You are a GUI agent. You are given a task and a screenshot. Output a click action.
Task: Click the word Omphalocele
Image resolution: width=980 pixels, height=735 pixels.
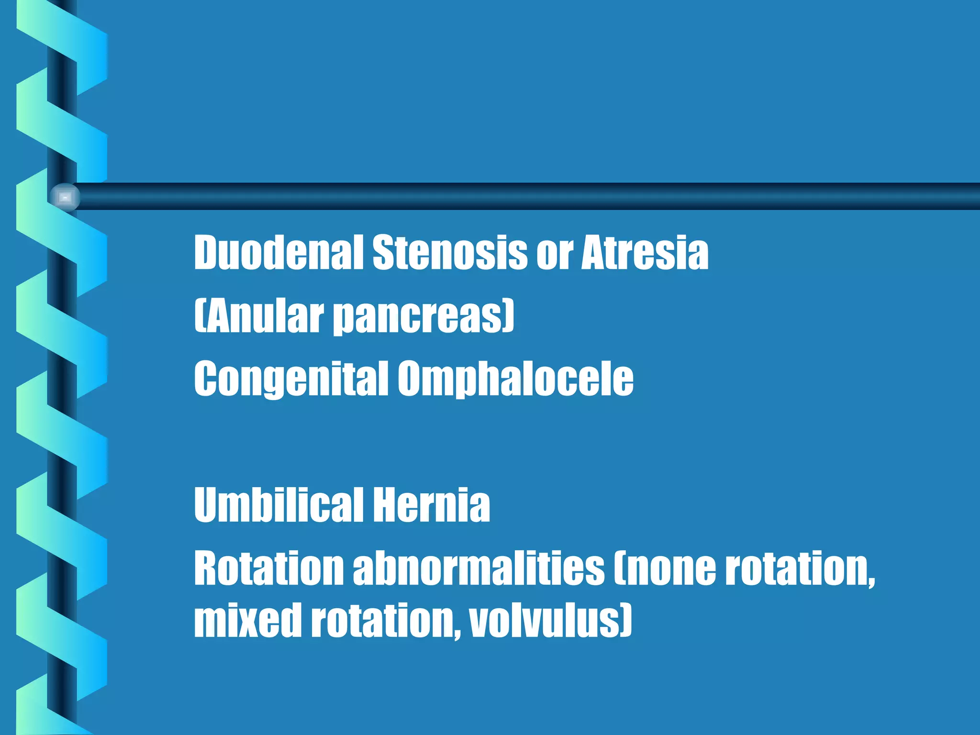pos(515,379)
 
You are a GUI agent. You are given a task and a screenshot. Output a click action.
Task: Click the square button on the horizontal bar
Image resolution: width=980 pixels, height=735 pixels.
pos(65,197)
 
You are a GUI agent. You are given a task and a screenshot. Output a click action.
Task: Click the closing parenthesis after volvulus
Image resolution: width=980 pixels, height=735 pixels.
pos(626,620)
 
